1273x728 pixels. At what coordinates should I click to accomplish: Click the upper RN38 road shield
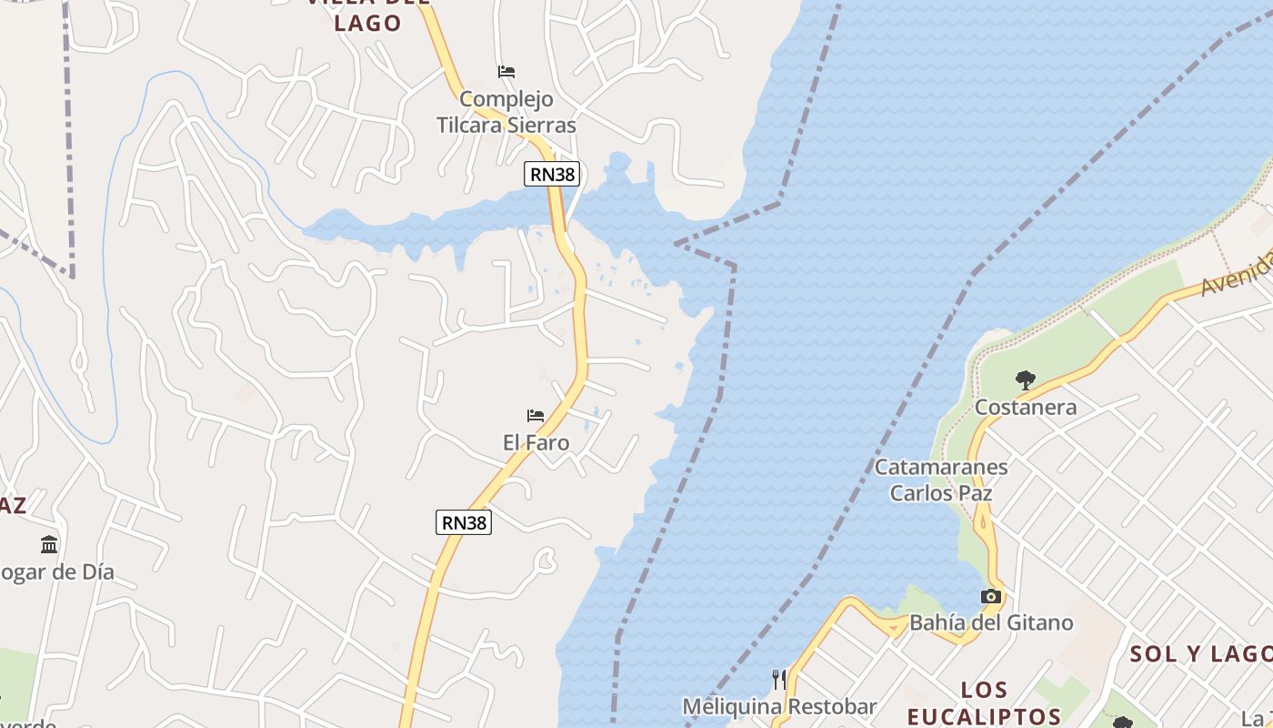point(552,173)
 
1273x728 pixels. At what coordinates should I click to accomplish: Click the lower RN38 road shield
point(465,521)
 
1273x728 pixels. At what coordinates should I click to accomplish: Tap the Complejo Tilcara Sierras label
point(506,112)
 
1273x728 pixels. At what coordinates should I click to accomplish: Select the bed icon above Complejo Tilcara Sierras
point(506,71)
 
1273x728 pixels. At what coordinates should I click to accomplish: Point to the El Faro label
point(536,443)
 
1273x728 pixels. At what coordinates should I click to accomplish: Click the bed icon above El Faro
point(536,416)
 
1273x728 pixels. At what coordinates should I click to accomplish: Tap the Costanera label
point(1026,407)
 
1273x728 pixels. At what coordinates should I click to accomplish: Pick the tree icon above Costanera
point(1026,379)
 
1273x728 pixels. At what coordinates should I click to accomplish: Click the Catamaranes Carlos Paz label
point(941,480)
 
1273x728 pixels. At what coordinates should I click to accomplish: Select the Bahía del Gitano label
point(991,623)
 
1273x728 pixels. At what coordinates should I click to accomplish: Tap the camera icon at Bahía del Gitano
point(991,597)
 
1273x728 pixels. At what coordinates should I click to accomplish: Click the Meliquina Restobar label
point(779,707)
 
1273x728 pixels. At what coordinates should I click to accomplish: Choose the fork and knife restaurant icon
point(779,680)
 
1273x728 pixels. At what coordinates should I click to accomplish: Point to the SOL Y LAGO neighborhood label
point(1200,653)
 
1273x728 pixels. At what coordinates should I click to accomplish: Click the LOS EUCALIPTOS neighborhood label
point(984,703)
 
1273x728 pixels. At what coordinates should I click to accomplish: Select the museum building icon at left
point(49,544)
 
